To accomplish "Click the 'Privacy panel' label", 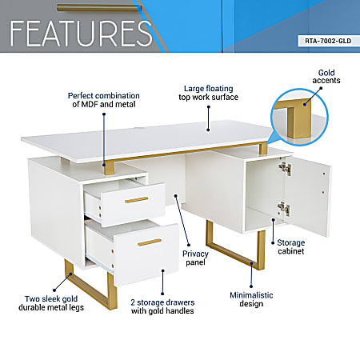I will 195,258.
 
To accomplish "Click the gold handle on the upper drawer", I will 136,200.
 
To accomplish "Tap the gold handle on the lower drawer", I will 149,242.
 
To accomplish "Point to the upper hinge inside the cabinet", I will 282,170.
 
